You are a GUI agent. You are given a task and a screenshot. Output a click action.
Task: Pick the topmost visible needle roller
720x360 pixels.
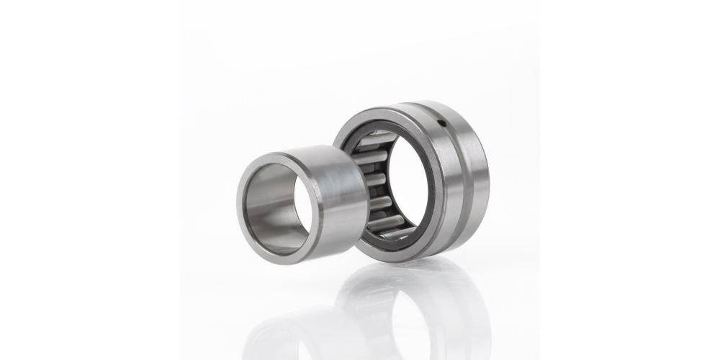374,138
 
